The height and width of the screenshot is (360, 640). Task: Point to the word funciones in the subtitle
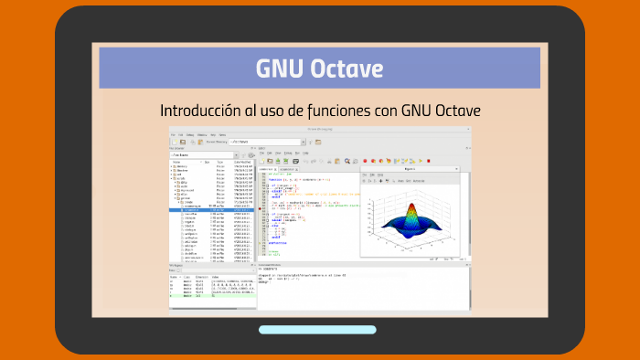(340, 111)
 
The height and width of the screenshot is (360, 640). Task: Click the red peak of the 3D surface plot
(411, 207)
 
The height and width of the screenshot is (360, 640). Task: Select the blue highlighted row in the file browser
(210, 208)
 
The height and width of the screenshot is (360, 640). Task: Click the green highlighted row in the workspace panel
(210, 296)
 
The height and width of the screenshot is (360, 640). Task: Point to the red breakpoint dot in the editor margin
(261, 208)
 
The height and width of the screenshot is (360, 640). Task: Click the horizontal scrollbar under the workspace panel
(210, 306)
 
